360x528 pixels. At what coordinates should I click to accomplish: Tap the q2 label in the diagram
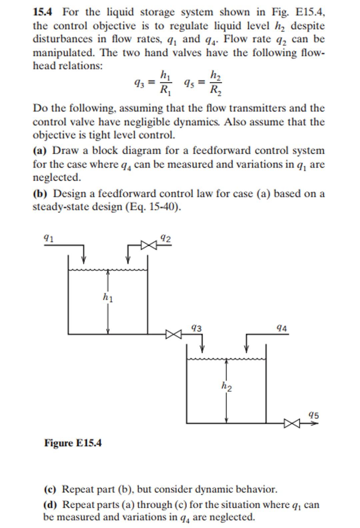point(166,238)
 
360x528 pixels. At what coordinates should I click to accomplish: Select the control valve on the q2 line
point(148,245)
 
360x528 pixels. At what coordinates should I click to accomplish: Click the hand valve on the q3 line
point(174,334)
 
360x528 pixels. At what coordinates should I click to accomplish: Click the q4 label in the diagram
point(282,328)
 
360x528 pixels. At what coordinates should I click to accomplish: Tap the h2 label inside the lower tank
point(227,386)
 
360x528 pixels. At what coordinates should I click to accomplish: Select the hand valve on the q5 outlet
point(292,423)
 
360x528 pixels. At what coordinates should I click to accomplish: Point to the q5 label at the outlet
point(314,415)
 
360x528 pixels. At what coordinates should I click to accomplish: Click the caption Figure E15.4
point(73,443)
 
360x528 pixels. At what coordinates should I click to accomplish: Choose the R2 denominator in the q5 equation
point(215,90)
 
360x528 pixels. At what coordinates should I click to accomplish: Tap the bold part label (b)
point(40,194)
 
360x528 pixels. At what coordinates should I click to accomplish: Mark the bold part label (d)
point(50,505)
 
